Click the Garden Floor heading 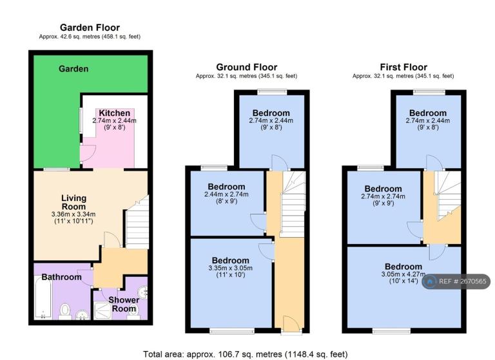click(x=90, y=28)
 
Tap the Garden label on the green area click(x=73, y=69)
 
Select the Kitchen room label click(x=114, y=113)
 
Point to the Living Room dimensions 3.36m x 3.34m click(x=73, y=214)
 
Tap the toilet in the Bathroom click(x=65, y=312)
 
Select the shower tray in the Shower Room click(x=102, y=311)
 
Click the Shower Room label click(x=124, y=304)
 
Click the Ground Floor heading click(x=247, y=67)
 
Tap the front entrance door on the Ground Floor click(x=291, y=324)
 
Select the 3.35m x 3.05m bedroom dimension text click(x=231, y=268)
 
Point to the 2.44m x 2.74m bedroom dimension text click(x=226, y=194)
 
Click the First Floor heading click(x=403, y=67)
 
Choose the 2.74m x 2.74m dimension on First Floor click(x=383, y=196)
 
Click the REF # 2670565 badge click(x=456, y=281)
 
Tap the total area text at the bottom click(x=246, y=354)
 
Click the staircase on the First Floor click(x=448, y=196)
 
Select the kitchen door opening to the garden click(x=88, y=154)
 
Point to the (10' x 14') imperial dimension click(x=403, y=281)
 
